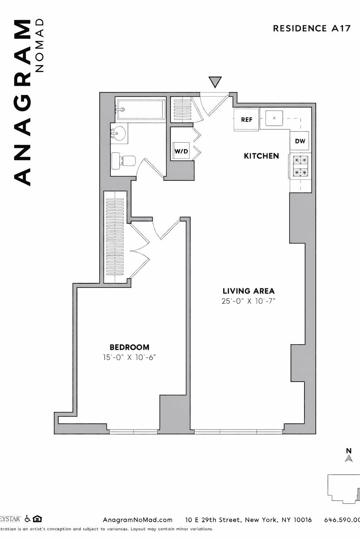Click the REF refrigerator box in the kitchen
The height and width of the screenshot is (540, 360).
[247, 120]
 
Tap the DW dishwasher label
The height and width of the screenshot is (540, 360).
[300, 141]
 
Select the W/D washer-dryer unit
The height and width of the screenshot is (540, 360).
[181, 152]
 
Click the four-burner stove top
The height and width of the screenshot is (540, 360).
[300, 166]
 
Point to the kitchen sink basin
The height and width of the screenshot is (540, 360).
[275, 118]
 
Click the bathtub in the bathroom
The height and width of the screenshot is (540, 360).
[141, 109]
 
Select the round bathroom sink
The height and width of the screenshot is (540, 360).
[118, 133]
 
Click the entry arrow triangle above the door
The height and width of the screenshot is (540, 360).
[215, 82]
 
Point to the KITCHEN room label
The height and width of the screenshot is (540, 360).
[261, 156]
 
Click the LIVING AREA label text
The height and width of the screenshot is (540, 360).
[249, 291]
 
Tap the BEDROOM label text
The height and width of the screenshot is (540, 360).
[129, 347]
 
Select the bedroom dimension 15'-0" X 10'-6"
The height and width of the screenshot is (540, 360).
[129, 358]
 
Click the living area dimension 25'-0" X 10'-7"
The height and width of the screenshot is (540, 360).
[249, 301]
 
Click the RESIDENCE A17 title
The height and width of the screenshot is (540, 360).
[311, 28]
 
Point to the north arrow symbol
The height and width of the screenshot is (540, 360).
[349, 458]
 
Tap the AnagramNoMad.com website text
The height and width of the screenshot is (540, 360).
[137, 520]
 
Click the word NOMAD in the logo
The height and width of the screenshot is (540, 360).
[40, 45]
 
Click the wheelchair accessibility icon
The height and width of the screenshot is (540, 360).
[27, 519]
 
